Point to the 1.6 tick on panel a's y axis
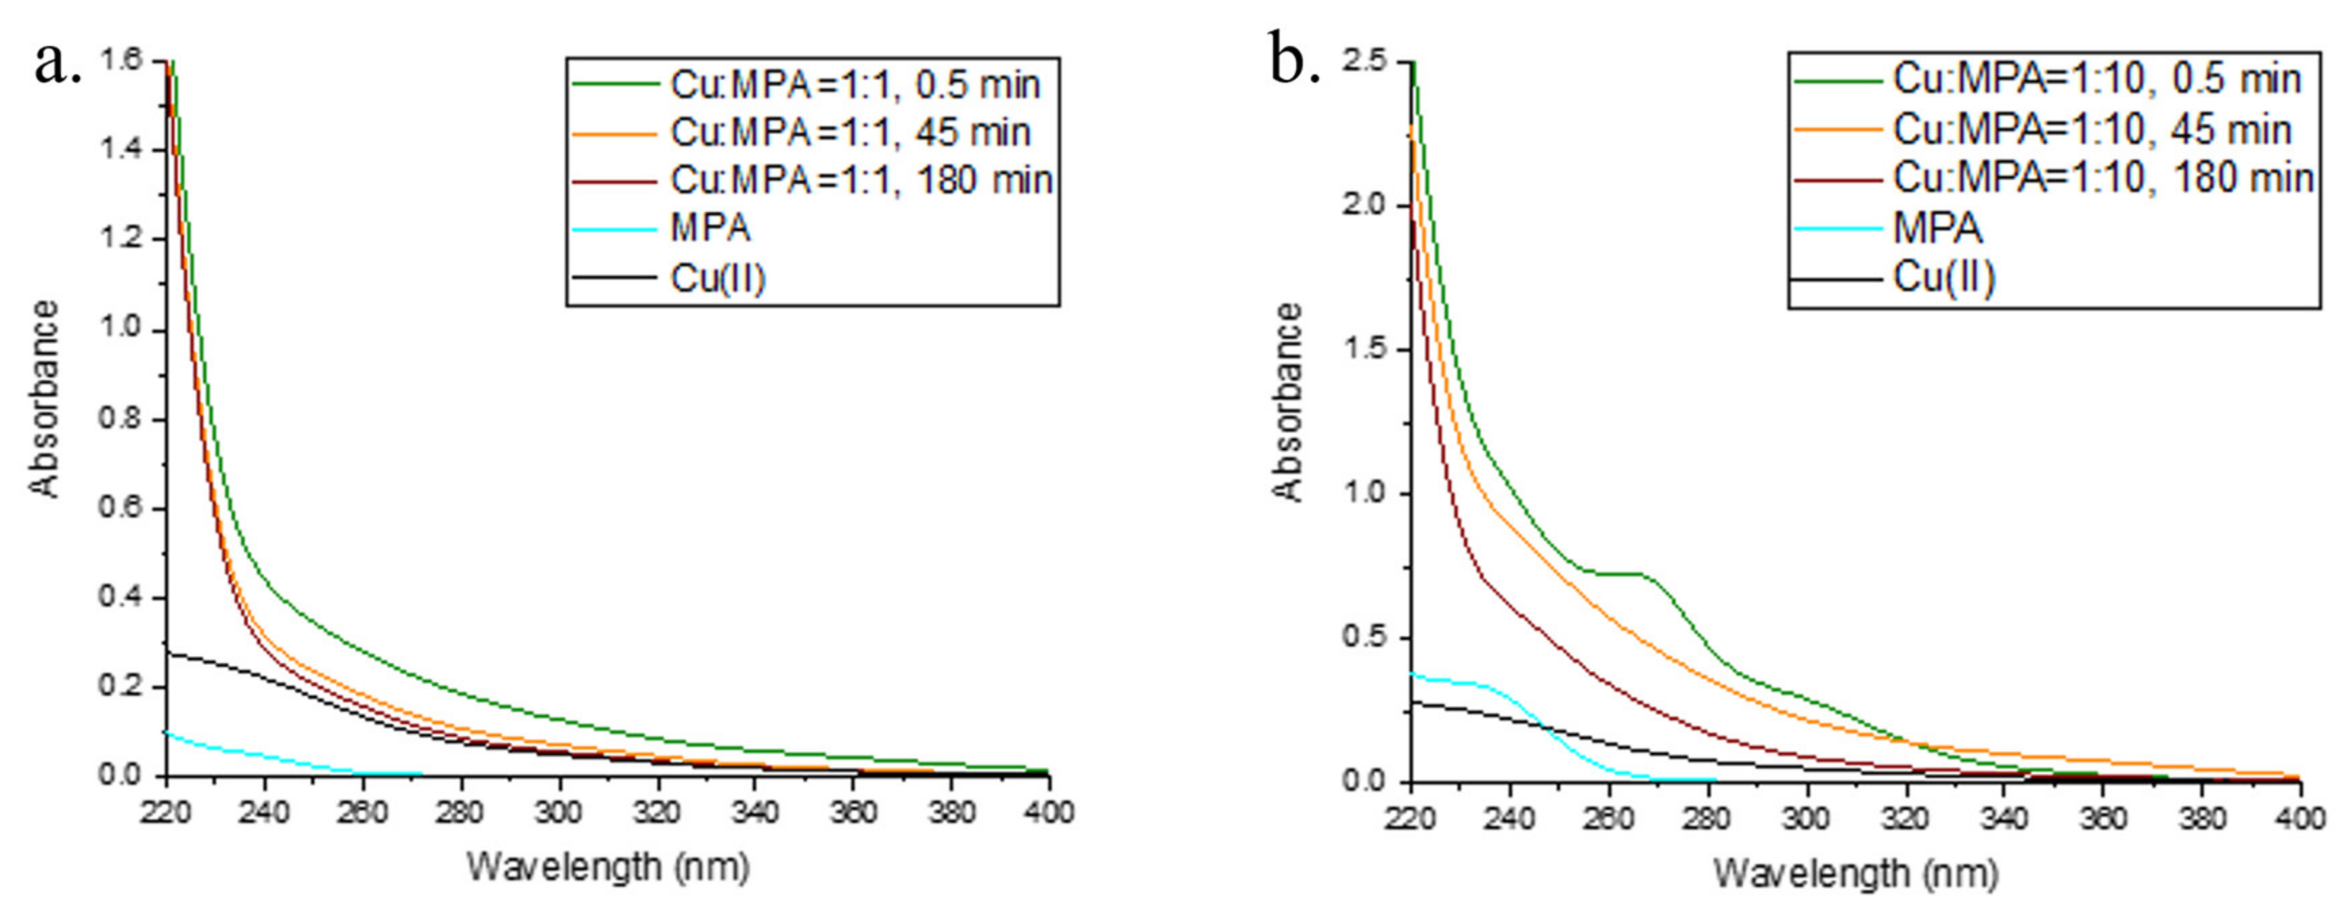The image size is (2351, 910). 121,60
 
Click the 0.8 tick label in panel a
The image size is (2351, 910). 121,419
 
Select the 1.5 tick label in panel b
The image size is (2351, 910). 1364,349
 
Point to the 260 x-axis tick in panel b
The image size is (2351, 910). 1608,818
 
